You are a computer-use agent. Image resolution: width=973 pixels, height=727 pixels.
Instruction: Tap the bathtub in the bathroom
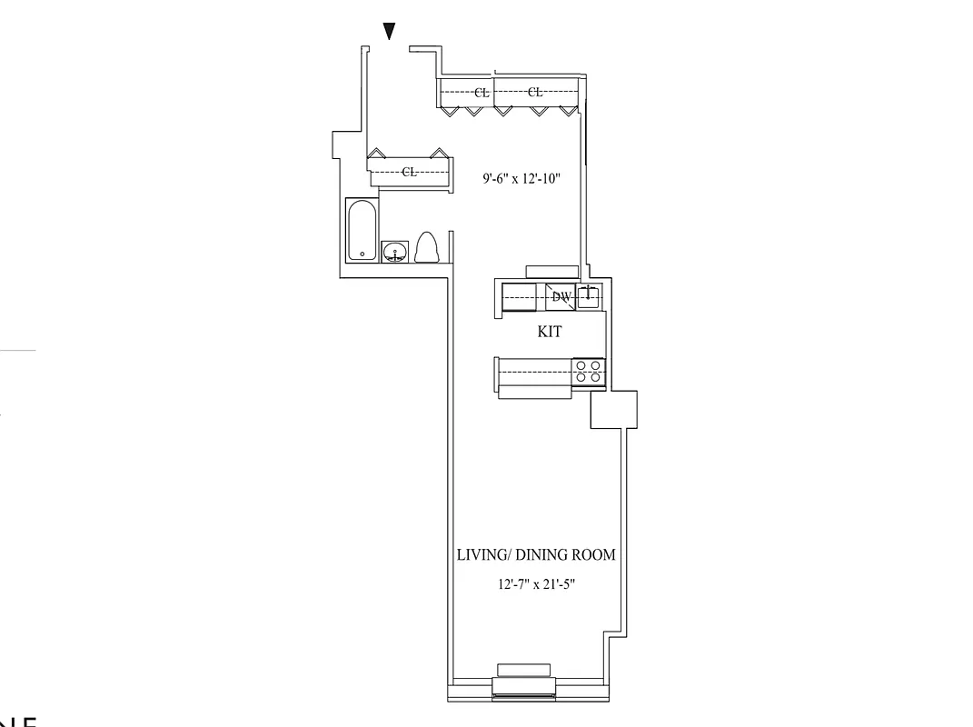coord(362,230)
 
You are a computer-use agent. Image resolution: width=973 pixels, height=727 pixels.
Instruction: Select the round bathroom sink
coord(395,252)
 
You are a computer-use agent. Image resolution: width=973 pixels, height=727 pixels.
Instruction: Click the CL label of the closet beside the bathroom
coord(410,173)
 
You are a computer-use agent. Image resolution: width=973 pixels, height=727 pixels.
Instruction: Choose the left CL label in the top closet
coord(482,93)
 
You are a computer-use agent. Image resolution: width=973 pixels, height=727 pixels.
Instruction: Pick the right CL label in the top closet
coord(535,93)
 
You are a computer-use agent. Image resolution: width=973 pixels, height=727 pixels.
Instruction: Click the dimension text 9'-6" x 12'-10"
coord(521,179)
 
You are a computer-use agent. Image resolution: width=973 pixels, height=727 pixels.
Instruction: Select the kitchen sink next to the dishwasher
coord(589,296)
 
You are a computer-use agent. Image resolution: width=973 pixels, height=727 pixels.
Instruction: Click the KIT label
coord(550,333)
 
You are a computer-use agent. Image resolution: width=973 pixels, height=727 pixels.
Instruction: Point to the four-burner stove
coord(589,370)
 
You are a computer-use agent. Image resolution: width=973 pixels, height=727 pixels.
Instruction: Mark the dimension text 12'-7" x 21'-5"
coord(535,586)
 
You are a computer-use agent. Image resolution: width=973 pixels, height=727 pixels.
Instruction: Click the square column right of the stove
coord(613,409)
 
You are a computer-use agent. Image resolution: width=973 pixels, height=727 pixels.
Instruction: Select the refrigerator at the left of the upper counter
coord(523,296)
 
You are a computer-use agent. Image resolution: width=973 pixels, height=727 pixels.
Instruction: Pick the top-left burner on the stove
coord(581,364)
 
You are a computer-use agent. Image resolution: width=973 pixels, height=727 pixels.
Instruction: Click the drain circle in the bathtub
coord(362,254)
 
